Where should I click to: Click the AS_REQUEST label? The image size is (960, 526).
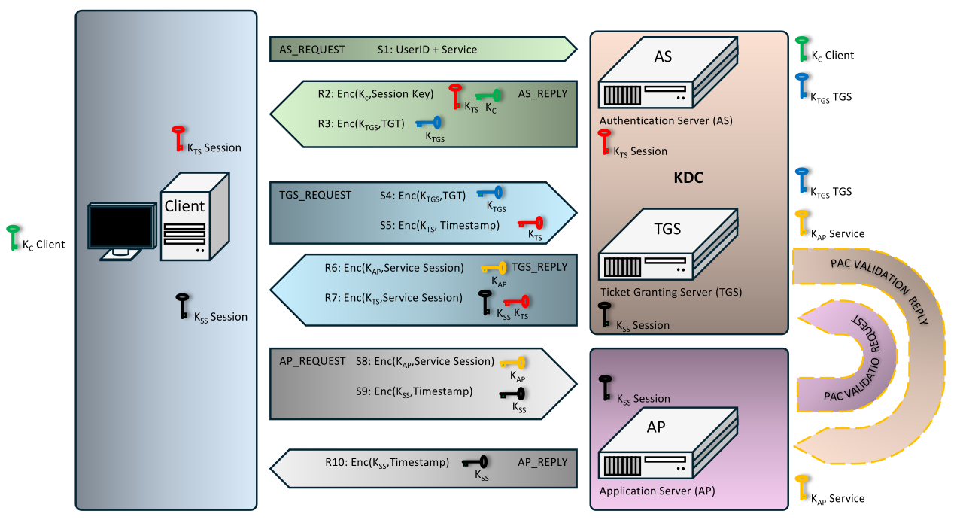pyautogui.click(x=311, y=50)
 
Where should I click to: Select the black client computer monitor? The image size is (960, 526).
pyautogui.click(x=121, y=228)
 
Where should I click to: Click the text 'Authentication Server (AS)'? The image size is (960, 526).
pyautogui.click(x=666, y=120)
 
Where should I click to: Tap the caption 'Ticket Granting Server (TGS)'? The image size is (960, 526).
pyautogui.click(x=670, y=292)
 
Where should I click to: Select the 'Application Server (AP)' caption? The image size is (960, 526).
pyautogui.click(x=657, y=491)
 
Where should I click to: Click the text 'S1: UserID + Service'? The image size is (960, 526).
pyautogui.click(x=427, y=50)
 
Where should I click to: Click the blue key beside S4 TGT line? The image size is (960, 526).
pyautogui.click(x=491, y=193)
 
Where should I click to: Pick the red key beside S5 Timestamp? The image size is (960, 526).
pyautogui.click(x=531, y=223)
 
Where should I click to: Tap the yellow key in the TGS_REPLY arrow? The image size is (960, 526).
pyautogui.click(x=495, y=268)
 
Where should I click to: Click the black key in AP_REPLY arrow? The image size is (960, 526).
pyautogui.click(x=476, y=462)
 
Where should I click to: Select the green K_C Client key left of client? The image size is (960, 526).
pyautogui.click(x=13, y=236)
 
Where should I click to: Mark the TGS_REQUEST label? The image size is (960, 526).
pyautogui.click(x=315, y=195)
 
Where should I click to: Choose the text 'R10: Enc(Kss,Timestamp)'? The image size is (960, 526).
pyautogui.click(x=387, y=462)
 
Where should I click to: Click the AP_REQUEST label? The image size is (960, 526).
pyautogui.click(x=312, y=361)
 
